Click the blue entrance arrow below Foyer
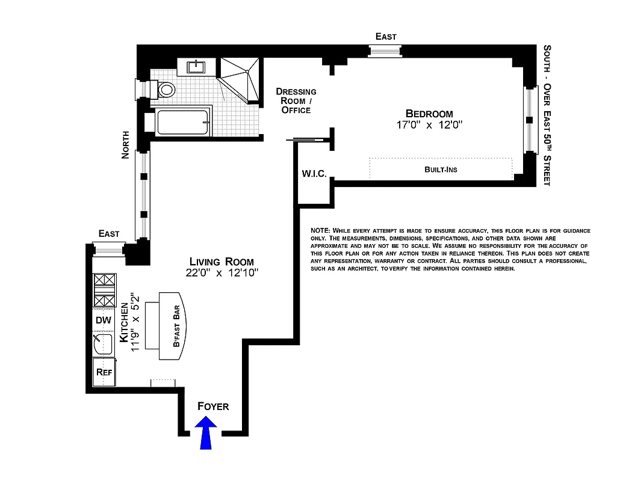(x=206, y=434)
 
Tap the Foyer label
(x=213, y=406)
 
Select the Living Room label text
(x=222, y=262)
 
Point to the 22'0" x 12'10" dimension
(x=222, y=273)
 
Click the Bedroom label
(x=429, y=114)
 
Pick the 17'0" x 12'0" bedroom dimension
(x=429, y=125)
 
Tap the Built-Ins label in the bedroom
(x=441, y=170)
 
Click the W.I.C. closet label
(x=314, y=174)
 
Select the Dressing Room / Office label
(x=296, y=100)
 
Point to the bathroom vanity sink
(x=197, y=67)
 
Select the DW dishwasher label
(x=103, y=320)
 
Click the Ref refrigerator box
(x=103, y=372)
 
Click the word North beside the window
(x=125, y=145)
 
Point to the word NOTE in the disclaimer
(x=320, y=231)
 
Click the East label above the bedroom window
(x=386, y=37)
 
